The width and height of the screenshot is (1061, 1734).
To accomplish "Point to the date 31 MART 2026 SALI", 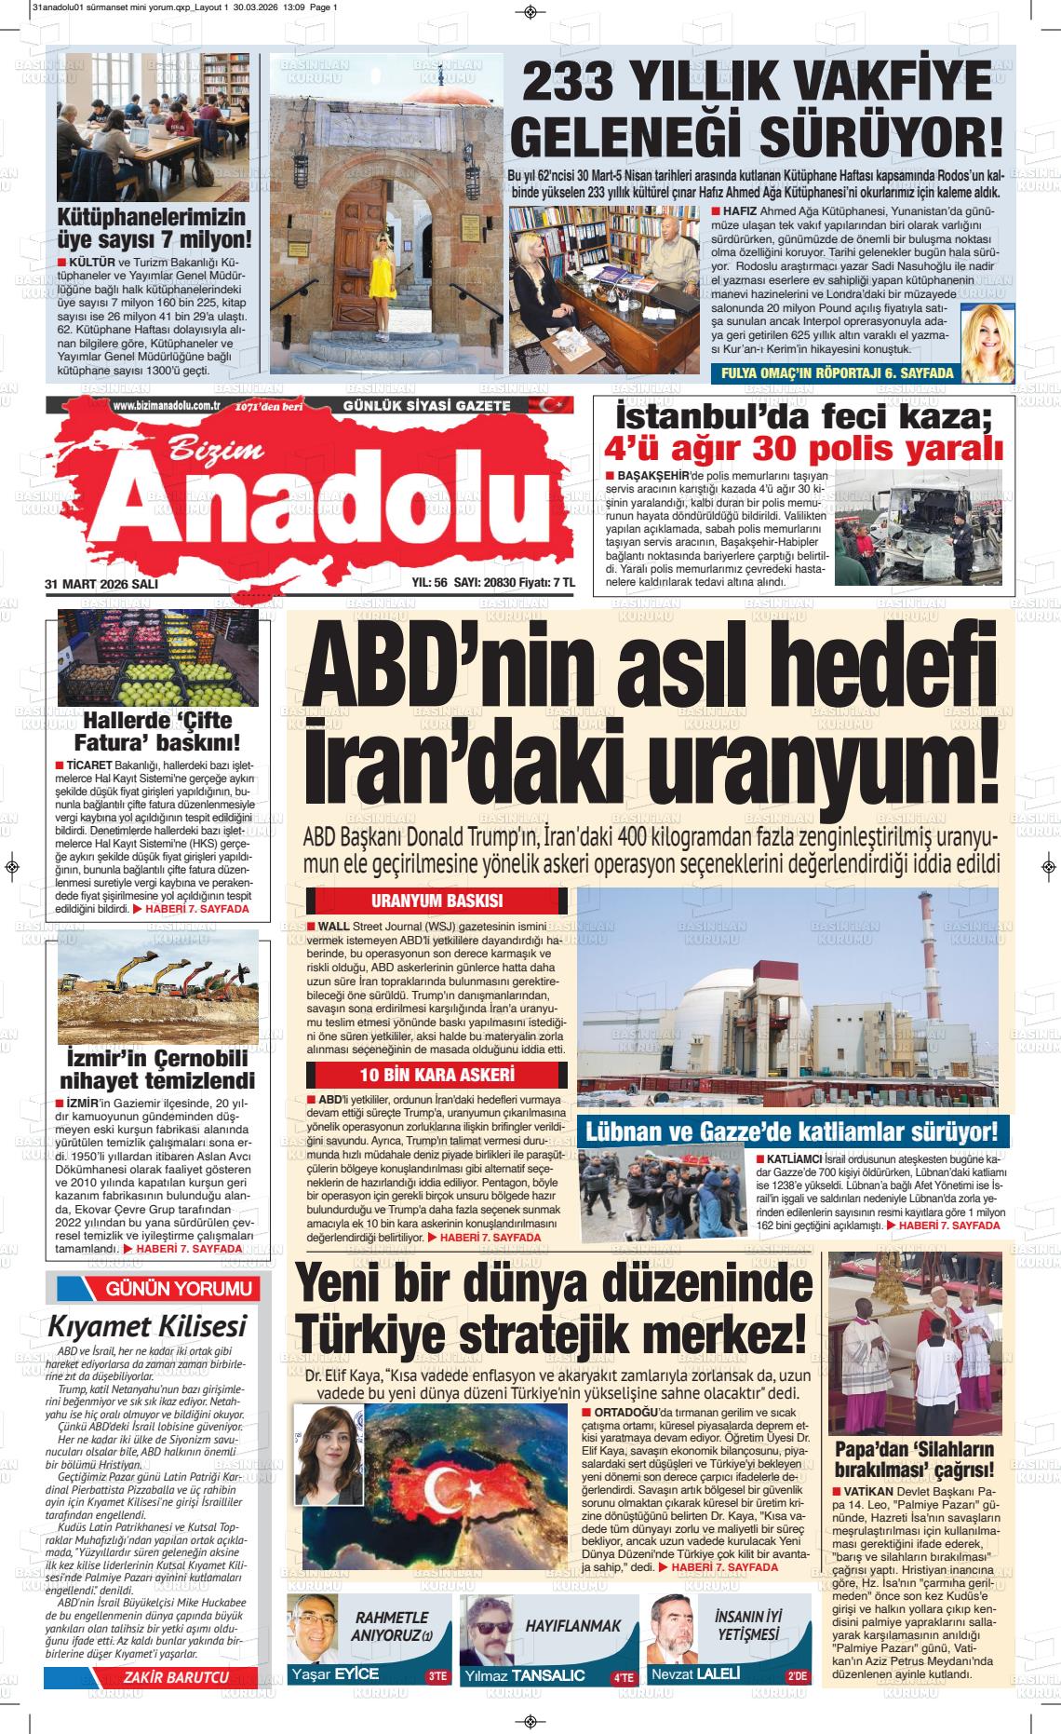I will (x=101, y=583).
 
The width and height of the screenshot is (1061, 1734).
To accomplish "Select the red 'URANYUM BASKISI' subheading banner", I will (x=436, y=901).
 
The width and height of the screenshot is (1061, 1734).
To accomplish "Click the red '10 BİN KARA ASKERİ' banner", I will (x=436, y=1075).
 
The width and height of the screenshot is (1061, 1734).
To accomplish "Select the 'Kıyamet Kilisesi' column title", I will (x=147, y=1325).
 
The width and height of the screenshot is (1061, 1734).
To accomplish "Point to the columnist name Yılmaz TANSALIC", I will (x=529, y=1674).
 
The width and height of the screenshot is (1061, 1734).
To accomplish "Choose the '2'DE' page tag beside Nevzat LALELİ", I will (x=798, y=1676).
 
